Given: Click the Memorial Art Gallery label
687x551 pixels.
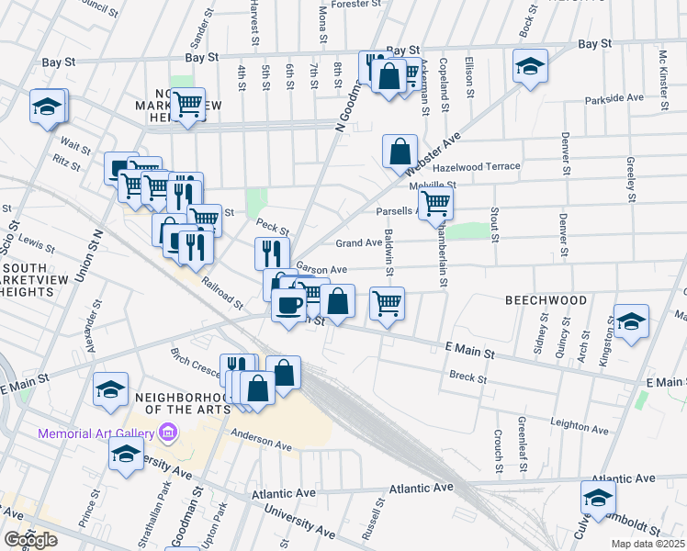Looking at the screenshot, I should tap(96, 433).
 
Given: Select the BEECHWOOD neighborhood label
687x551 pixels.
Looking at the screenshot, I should tap(546, 300).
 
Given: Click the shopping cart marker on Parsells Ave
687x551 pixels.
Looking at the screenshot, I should tap(435, 202).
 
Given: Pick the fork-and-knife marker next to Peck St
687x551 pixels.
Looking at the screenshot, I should tap(272, 253).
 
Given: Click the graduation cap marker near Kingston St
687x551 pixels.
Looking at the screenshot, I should tap(630, 321).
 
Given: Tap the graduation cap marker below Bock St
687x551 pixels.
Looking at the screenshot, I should tap(530, 66).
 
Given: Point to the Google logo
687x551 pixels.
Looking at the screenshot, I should tap(30, 540).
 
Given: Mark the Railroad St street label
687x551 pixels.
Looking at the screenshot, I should tap(223, 293).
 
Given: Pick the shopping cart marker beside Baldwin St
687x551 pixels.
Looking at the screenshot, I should tap(387, 302).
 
